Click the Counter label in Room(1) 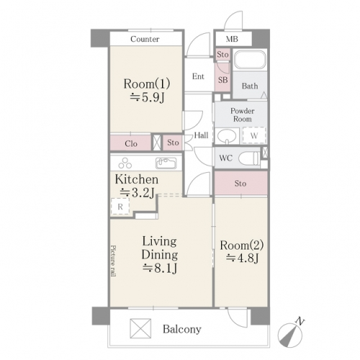click(145, 39)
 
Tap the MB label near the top click(232, 39)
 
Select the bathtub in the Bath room click(250, 59)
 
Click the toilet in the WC click(248, 158)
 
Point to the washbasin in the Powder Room click(227, 136)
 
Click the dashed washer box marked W click(254, 136)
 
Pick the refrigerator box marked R click(120, 207)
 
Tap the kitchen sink click(166, 163)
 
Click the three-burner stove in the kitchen click(125, 163)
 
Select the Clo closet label click(131, 144)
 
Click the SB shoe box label click(222, 80)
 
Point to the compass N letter click(300, 321)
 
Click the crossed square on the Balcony click(140, 328)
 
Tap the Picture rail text click(113, 261)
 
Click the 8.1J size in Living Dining click(160, 268)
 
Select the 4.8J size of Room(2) click(242, 258)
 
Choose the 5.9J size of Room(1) click(147, 97)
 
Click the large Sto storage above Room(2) click(241, 183)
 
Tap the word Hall click(201, 135)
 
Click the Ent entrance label click(198, 76)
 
